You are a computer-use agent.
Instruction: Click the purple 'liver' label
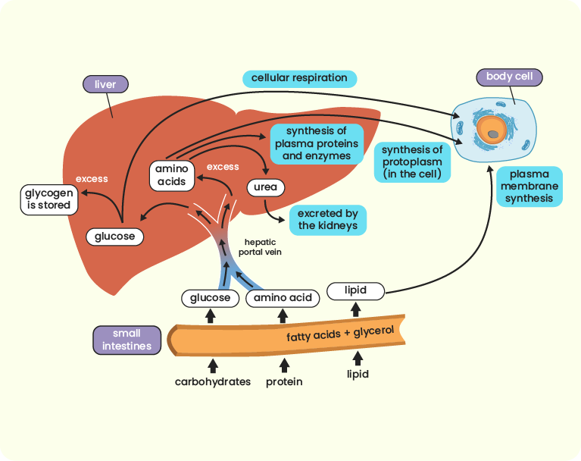[105, 84]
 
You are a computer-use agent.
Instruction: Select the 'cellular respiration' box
[299, 78]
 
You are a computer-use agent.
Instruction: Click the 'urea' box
[265, 187]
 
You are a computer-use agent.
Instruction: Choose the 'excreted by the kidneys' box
[327, 220]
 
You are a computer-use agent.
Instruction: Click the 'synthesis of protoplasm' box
[411, 162]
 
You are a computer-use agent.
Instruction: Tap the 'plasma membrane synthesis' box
[529, 187]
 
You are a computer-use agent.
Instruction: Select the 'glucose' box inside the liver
[114, 237]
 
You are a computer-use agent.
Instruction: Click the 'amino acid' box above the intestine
[283, 298]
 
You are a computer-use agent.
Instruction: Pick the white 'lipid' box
[355, 290]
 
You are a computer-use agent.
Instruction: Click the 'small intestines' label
[127, 340]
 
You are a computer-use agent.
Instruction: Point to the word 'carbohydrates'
[212, 381]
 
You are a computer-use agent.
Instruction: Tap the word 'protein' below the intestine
[284, 381]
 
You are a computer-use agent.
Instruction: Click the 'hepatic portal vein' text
[260, 246]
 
